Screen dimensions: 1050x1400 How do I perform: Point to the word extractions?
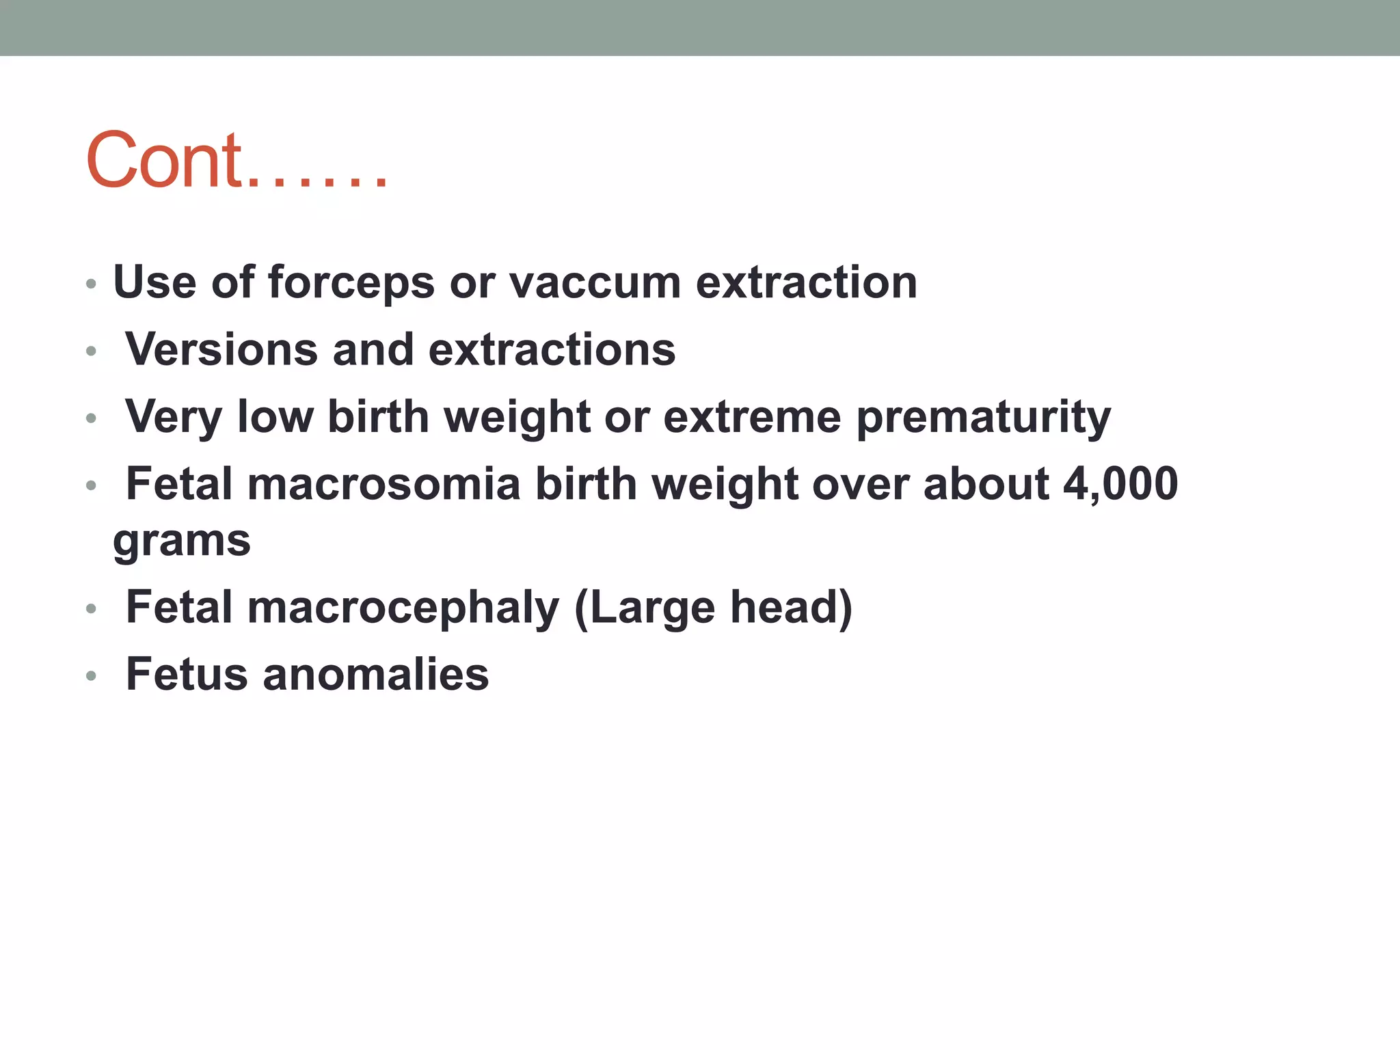[552, 350]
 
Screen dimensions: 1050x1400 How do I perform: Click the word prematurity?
[983, 418]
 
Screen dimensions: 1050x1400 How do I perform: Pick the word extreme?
[752, 417]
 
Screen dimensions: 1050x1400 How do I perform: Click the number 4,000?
[1120, 484]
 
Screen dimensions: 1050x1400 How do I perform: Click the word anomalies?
[375, 675]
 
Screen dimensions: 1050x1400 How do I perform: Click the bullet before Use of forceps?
[92, 284]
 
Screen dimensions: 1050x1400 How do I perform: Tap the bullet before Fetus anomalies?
[92, 676]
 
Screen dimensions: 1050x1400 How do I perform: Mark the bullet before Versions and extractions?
[92, 351]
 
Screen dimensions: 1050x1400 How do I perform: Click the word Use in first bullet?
[154, 283]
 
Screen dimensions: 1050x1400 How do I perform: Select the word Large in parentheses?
[650, 608]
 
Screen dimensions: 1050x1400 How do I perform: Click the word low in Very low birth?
[275, 417]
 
